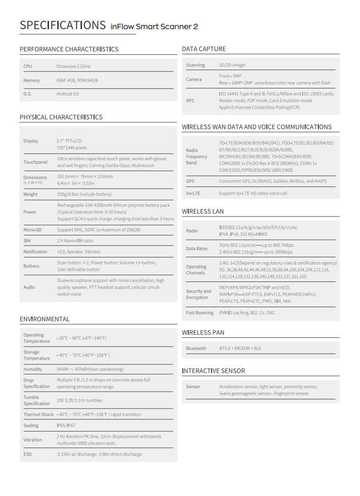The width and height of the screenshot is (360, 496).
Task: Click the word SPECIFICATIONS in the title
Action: tap(63, 25)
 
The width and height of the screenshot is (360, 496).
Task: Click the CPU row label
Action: tap(28, 66)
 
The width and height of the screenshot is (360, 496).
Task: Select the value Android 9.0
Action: tap(67, 94)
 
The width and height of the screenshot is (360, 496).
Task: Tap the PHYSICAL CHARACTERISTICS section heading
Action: tap(61, 117)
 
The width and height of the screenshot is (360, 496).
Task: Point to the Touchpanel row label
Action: tap(35, 162)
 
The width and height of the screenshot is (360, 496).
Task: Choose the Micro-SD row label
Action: tap(33, 230)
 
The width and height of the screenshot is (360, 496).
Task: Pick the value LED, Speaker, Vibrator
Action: tap(79, 252)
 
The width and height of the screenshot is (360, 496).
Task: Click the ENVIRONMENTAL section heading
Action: tap(45, 319)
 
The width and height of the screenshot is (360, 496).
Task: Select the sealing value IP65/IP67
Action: tap(66, 426)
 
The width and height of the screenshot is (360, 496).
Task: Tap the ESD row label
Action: tap(28, 454)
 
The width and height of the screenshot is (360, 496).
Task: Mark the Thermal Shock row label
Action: tap(39, 414)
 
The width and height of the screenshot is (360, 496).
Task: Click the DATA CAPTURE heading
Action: tap(204, 49)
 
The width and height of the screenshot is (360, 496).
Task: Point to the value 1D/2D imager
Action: tap(232, 65)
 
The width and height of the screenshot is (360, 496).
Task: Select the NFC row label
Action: tap(190, 100)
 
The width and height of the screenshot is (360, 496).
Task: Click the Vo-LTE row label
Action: tap(193, 193)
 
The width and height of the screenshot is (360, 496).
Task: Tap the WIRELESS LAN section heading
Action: tap(203, 212)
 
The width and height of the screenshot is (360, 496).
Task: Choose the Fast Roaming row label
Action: tap(199, 313)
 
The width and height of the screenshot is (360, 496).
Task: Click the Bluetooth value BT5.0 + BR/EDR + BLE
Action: tap(240, 348)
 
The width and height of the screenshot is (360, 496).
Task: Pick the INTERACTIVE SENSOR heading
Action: tap(213, 371)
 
